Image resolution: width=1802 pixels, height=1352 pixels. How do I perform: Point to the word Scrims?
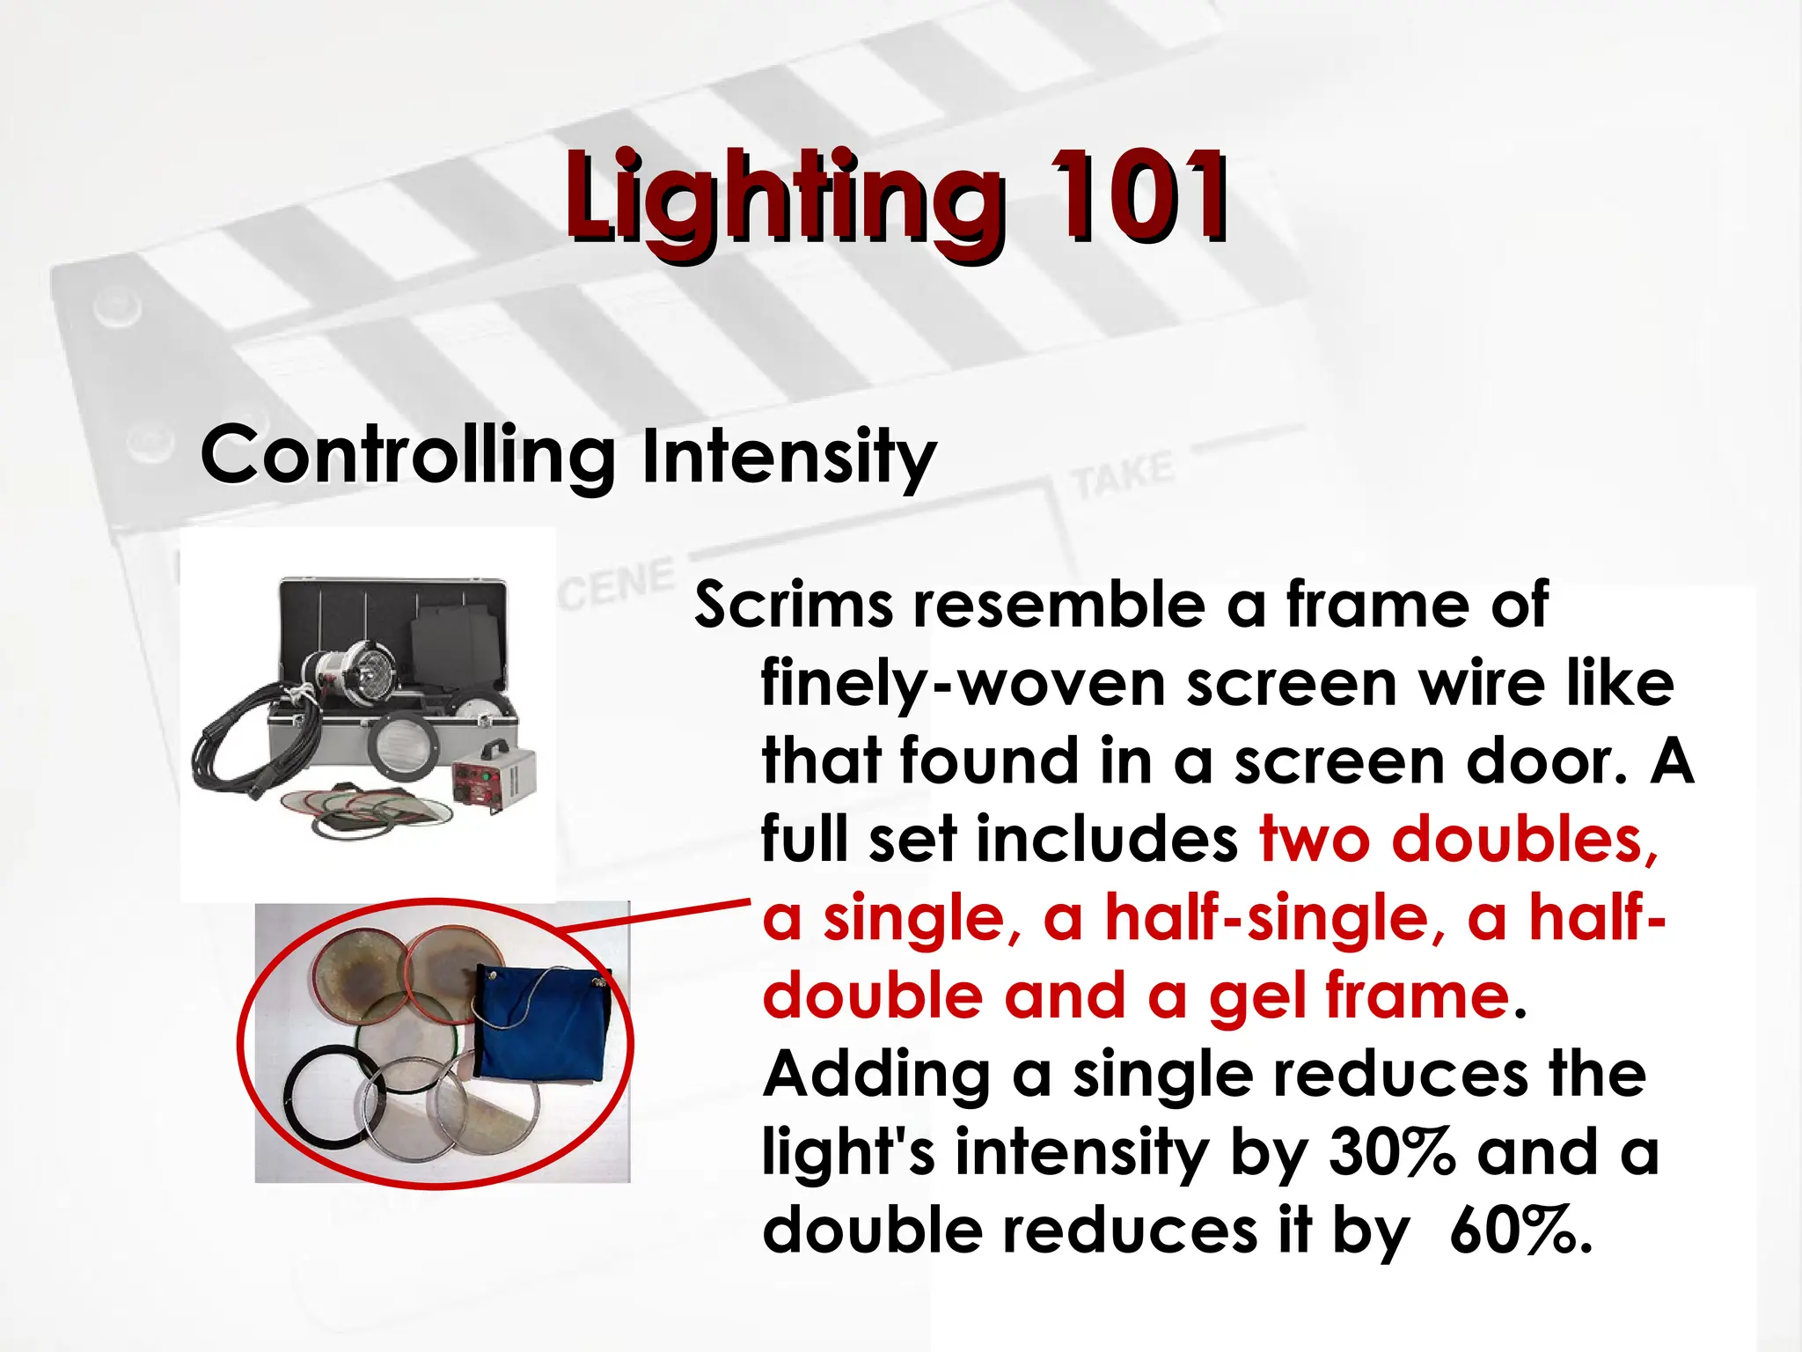(794, 606)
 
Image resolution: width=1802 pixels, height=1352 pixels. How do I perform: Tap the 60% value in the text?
(1520, 1230)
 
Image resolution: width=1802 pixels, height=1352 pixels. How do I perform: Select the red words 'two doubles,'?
(1459, 839)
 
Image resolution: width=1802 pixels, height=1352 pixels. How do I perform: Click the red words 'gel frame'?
(1359, 996)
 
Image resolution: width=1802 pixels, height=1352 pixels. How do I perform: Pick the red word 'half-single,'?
(1274, 917)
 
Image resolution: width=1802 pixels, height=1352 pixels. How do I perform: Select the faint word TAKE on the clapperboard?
(1123, 475)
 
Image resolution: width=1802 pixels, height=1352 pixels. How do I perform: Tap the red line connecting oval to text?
(656, 916)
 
